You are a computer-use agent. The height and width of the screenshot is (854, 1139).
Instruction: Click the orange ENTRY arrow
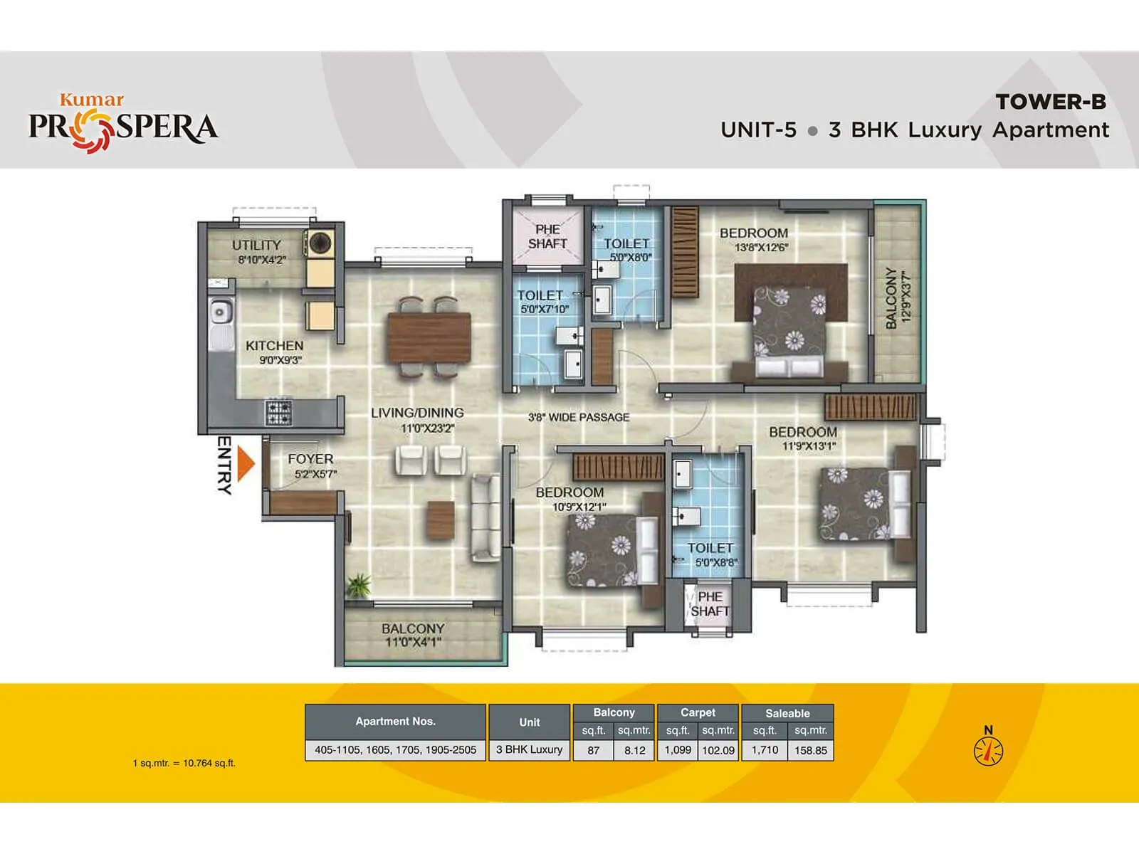pos(246,463)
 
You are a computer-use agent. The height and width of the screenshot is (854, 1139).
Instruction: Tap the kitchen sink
pos(221,312)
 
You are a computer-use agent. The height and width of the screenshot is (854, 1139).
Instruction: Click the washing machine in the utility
pos(320,243)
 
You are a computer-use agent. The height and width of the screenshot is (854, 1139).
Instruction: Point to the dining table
pos(429,337)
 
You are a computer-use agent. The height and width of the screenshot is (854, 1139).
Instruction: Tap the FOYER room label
pos(310,459)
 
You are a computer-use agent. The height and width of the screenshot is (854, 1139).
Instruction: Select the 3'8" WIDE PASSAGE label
pos(579,417)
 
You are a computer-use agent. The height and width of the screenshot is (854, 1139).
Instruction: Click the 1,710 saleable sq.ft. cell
pos(765,749)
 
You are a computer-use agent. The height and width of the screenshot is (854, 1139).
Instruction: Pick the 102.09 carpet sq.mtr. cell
pos(718,750)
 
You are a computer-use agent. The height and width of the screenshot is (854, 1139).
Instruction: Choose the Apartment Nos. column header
pos(395,721)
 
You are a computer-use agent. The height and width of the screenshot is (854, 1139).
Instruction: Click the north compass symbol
pos(988,750)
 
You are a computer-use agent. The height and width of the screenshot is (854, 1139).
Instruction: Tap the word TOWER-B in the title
pos(1051,102)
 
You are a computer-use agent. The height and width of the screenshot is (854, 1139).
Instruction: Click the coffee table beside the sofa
pos(441,520)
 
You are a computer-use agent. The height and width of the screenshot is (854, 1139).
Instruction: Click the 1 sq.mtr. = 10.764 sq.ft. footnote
pos(184,763)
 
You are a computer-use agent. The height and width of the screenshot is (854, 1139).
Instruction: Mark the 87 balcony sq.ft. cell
pos(593,750)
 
